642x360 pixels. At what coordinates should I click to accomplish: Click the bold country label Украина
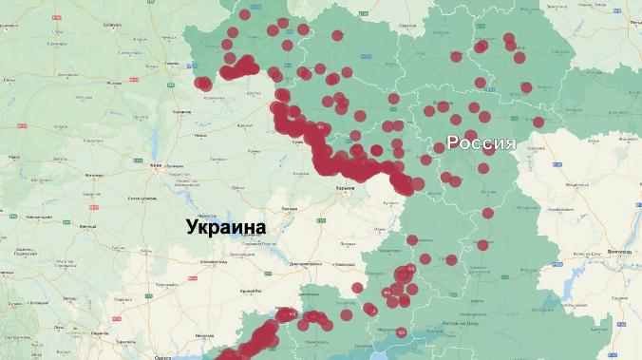point(226,227)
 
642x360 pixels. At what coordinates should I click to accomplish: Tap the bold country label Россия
point(481,143)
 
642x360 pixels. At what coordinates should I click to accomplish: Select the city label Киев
point(155,164)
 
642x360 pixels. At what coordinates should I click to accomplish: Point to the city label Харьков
point(345,188)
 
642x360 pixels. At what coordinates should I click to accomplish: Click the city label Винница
point(88,228)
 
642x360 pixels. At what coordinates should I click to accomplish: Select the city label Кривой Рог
point(251,289)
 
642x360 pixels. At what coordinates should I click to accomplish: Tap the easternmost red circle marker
point(538,122)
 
